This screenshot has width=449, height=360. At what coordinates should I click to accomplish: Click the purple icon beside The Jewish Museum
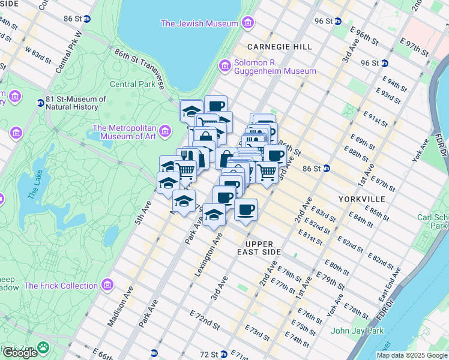coord(248,23)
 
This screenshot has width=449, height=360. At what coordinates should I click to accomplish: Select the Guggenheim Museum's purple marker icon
coord(225,65)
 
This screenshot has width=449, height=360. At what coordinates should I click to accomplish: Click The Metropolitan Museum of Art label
coord(124,131)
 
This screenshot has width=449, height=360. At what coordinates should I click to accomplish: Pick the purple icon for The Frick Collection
coord(108,285)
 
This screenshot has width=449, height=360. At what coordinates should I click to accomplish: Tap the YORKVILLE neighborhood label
coord(357,197)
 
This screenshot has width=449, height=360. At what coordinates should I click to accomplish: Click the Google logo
coord(19,352)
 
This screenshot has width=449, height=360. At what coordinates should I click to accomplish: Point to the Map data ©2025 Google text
coord(411,355)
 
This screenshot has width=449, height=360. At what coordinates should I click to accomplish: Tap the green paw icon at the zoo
coord(43,347)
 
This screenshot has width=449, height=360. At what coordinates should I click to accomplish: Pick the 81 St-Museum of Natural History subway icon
coord(41,103)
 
